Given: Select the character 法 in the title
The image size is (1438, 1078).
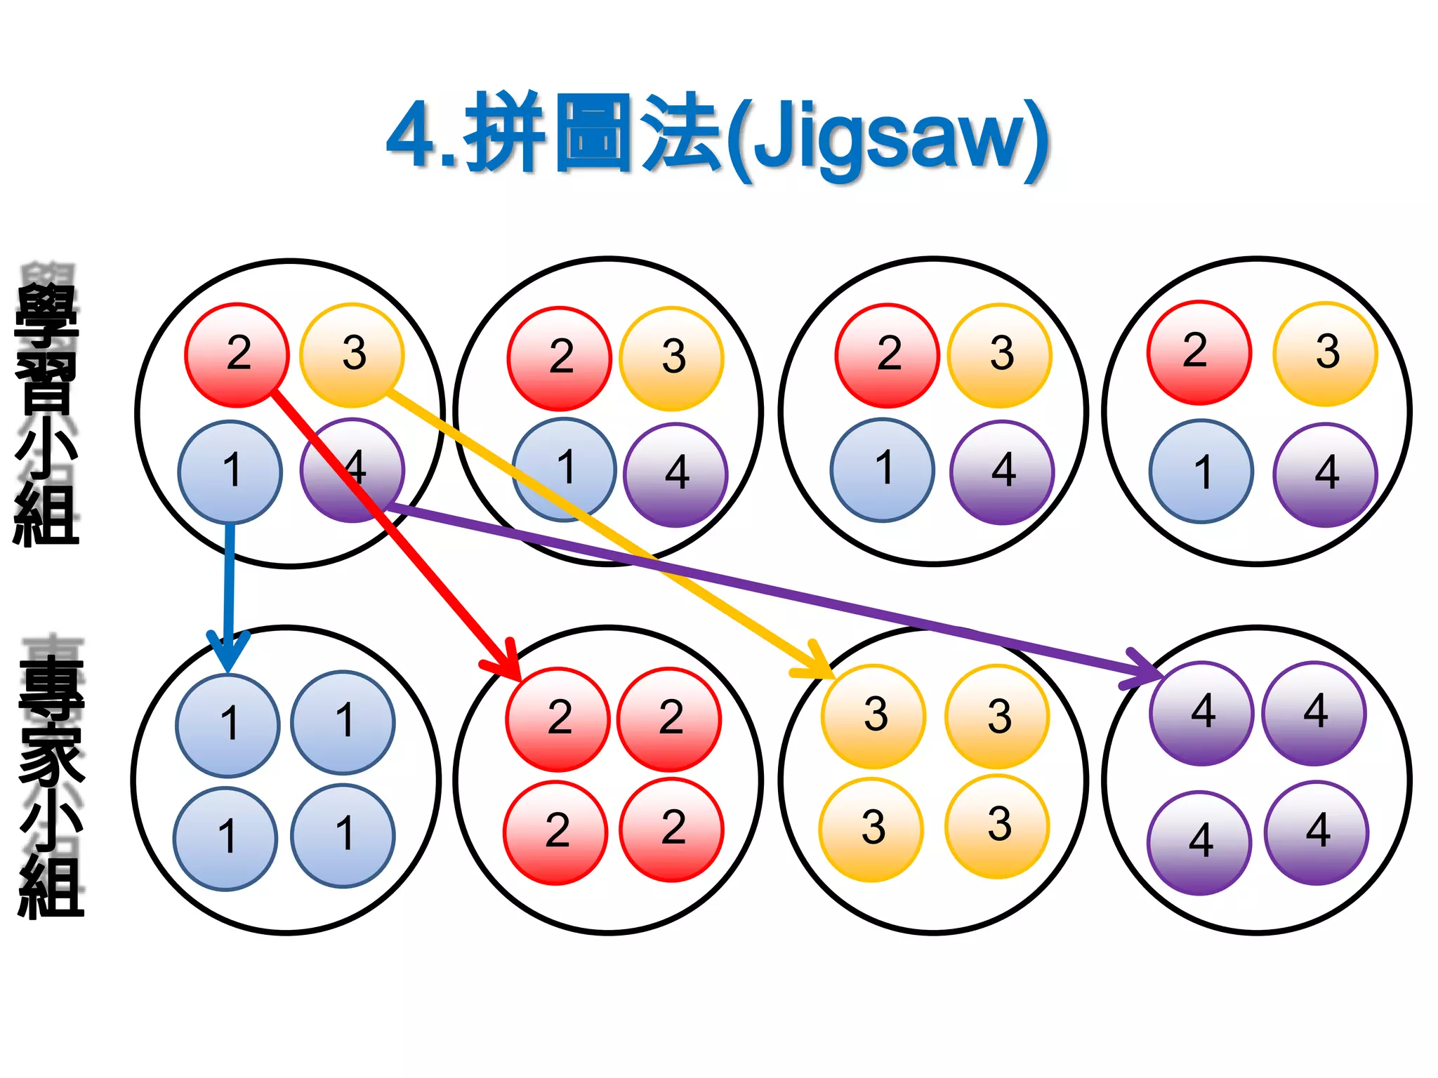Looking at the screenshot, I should [682, 133].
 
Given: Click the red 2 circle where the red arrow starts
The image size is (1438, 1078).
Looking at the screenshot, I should [237, 354].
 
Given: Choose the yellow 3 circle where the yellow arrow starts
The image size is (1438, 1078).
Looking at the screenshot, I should [352, 354].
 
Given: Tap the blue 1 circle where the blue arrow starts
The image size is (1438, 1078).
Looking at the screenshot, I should [230, 472].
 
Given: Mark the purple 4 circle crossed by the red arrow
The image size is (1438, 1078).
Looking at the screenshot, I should [352, 470].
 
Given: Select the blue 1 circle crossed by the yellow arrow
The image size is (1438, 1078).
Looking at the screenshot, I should [564, 469].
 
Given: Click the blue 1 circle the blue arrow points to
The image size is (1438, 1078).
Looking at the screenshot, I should [227, 725].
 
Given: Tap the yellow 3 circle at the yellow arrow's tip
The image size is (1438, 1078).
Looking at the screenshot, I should [873, 717].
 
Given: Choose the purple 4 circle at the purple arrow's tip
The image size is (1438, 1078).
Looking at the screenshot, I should [1201, 713].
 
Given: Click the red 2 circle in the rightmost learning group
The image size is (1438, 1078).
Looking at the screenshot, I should [1199, 352].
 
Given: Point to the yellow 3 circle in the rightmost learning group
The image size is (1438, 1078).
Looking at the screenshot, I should [1325, 354].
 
